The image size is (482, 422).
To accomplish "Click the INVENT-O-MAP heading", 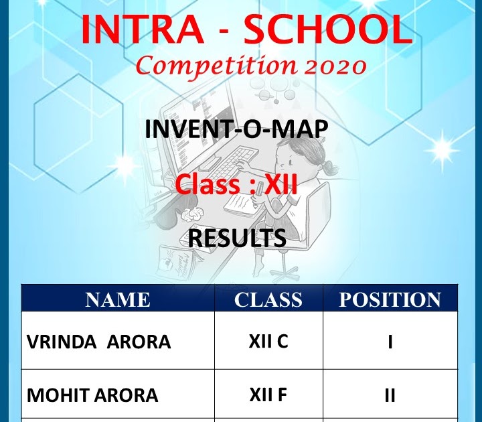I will pyautogui.click(x=236, y=129).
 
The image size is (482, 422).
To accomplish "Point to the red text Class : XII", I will pyautogui.click(x=236, y=184).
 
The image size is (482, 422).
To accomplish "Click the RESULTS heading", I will pyautogui.click(x=236, y=237).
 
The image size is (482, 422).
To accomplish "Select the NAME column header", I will pyautogui.click(x=117, y=299).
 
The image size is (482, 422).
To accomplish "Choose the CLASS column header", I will pyautogui.click(x=268, y=299).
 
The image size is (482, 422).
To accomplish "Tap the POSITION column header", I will pyautogui.click(x=390, y=299).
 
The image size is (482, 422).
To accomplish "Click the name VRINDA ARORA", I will pyautogui.click(x=98, y=342).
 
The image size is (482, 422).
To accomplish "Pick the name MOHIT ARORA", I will pyautogui.click(x=92, y=395).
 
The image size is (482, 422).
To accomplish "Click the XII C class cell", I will pyautogui.click(x=268, y=342).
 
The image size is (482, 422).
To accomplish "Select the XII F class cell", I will pyautogui.click(x=268, y=395).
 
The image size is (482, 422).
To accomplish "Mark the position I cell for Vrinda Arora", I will pyautogui.click(x=390, y=342).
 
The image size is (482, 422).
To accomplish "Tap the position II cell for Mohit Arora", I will pyautogui.click(x=390, y=395).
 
